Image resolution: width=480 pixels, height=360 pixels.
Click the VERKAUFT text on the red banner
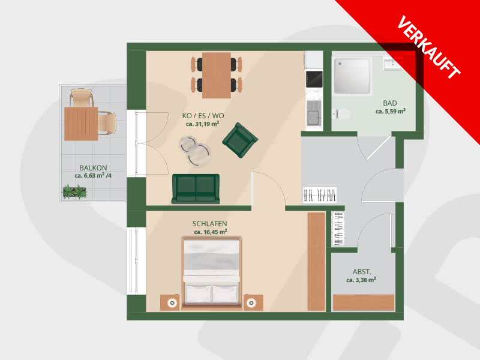pyautogui.click(x=428, y=47)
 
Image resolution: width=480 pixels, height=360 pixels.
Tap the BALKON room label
pyautogui.click(x=93, y=168)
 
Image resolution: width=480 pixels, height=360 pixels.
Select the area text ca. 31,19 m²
pyautogui.click(x=202, y=124)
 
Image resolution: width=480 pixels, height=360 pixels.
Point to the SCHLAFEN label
pyautogui.click(x=209, y=224)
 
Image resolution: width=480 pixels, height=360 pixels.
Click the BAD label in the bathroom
pyautogui.click(x=389, y=103)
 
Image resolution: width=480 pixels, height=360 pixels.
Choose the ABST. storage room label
pyautogui.click(x=362, y=272)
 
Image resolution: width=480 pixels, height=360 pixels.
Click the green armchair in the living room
pyautogui.click(x=240, y=140)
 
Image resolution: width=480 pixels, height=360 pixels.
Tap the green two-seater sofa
pyautogui.click(x=196, y=189)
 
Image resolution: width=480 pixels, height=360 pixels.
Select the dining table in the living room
pyautogui.click(x=217, y=76)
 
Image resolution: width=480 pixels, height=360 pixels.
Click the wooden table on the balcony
pyautogui.click(x=81, y=124)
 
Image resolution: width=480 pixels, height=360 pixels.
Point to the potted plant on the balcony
pyautogui.click(x=74, y=192)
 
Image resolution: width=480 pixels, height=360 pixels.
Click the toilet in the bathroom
pyautogui.click(x=342, y=113)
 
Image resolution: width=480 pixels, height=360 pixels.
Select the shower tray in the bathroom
pyautogui.click(x=352, y=76)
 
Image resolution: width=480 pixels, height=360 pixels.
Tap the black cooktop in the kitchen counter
pyautogui.click(x=314, y=79)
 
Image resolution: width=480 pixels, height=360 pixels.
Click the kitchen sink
pyautogui.click(x=314, y=113)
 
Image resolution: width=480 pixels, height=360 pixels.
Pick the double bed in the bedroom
pyautogui.click(x=211, y=273)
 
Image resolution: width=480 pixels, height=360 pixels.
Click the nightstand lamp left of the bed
pyautogui.click(x=172, y=303)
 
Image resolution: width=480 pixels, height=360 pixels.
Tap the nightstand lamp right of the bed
pyautogui.click(x=251, y=303)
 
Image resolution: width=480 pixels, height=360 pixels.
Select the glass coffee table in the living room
pyautogui.click(x=195, y=151)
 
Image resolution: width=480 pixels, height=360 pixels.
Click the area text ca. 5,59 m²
pyautogui.click(x=391, y=111)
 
